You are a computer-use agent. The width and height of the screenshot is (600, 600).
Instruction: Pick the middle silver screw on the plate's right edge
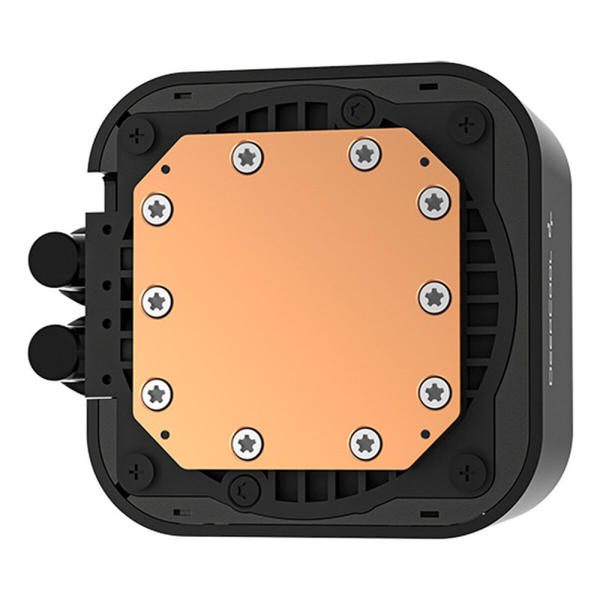[433, 297]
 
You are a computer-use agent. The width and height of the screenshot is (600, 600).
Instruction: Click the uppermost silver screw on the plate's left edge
[156, 207]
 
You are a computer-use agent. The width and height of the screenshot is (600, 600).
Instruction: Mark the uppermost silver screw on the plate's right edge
[433, 201]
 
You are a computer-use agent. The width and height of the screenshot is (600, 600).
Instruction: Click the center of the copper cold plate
[295, 298]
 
